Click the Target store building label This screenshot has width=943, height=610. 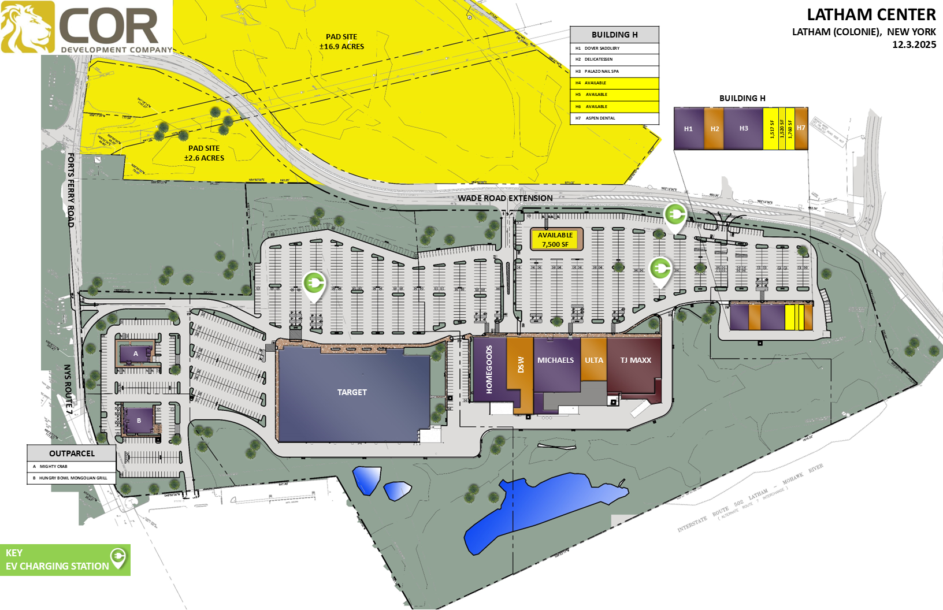[x=352, y=392]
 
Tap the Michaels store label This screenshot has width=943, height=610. [x=555, y=360]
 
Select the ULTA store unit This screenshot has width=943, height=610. [x=593, y=360]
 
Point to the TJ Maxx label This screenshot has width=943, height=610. [x=636, y=360]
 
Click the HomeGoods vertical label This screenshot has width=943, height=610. [x=489, y=370]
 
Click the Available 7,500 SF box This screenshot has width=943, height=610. [x=555, y=240]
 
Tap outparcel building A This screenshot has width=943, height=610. [x=136, y=354]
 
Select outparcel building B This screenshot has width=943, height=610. [x=139, y=421]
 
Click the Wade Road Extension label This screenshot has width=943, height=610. [x=505, y=198]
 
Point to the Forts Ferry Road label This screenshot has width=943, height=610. [x=70, y=189]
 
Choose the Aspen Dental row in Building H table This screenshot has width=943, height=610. [x=614, y=118]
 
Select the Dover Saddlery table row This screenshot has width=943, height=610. [x=614, y=49]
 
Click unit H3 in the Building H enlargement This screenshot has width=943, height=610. [x=744, y=129]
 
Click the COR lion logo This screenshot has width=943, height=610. [x=28, y=27]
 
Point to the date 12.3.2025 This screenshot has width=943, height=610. [x=914, y=45]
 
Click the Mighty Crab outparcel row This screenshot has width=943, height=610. [x=71, y=467]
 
